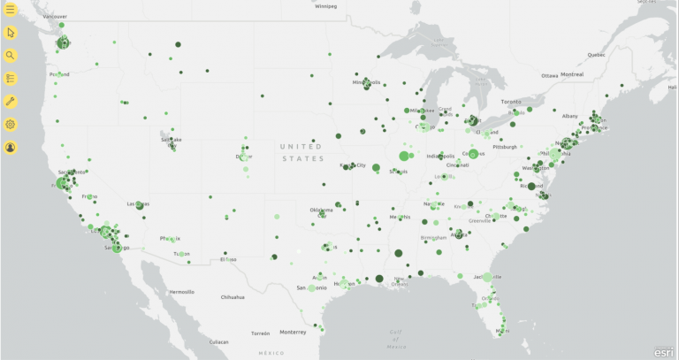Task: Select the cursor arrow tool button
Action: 11,33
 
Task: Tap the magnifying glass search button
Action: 11,56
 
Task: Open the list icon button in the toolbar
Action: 11,79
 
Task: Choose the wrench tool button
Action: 11,102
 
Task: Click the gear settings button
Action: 11,125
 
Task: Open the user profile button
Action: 11,147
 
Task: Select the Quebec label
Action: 596,55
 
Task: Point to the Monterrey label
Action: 293,332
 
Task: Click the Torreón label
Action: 260,333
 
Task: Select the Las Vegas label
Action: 137,203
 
